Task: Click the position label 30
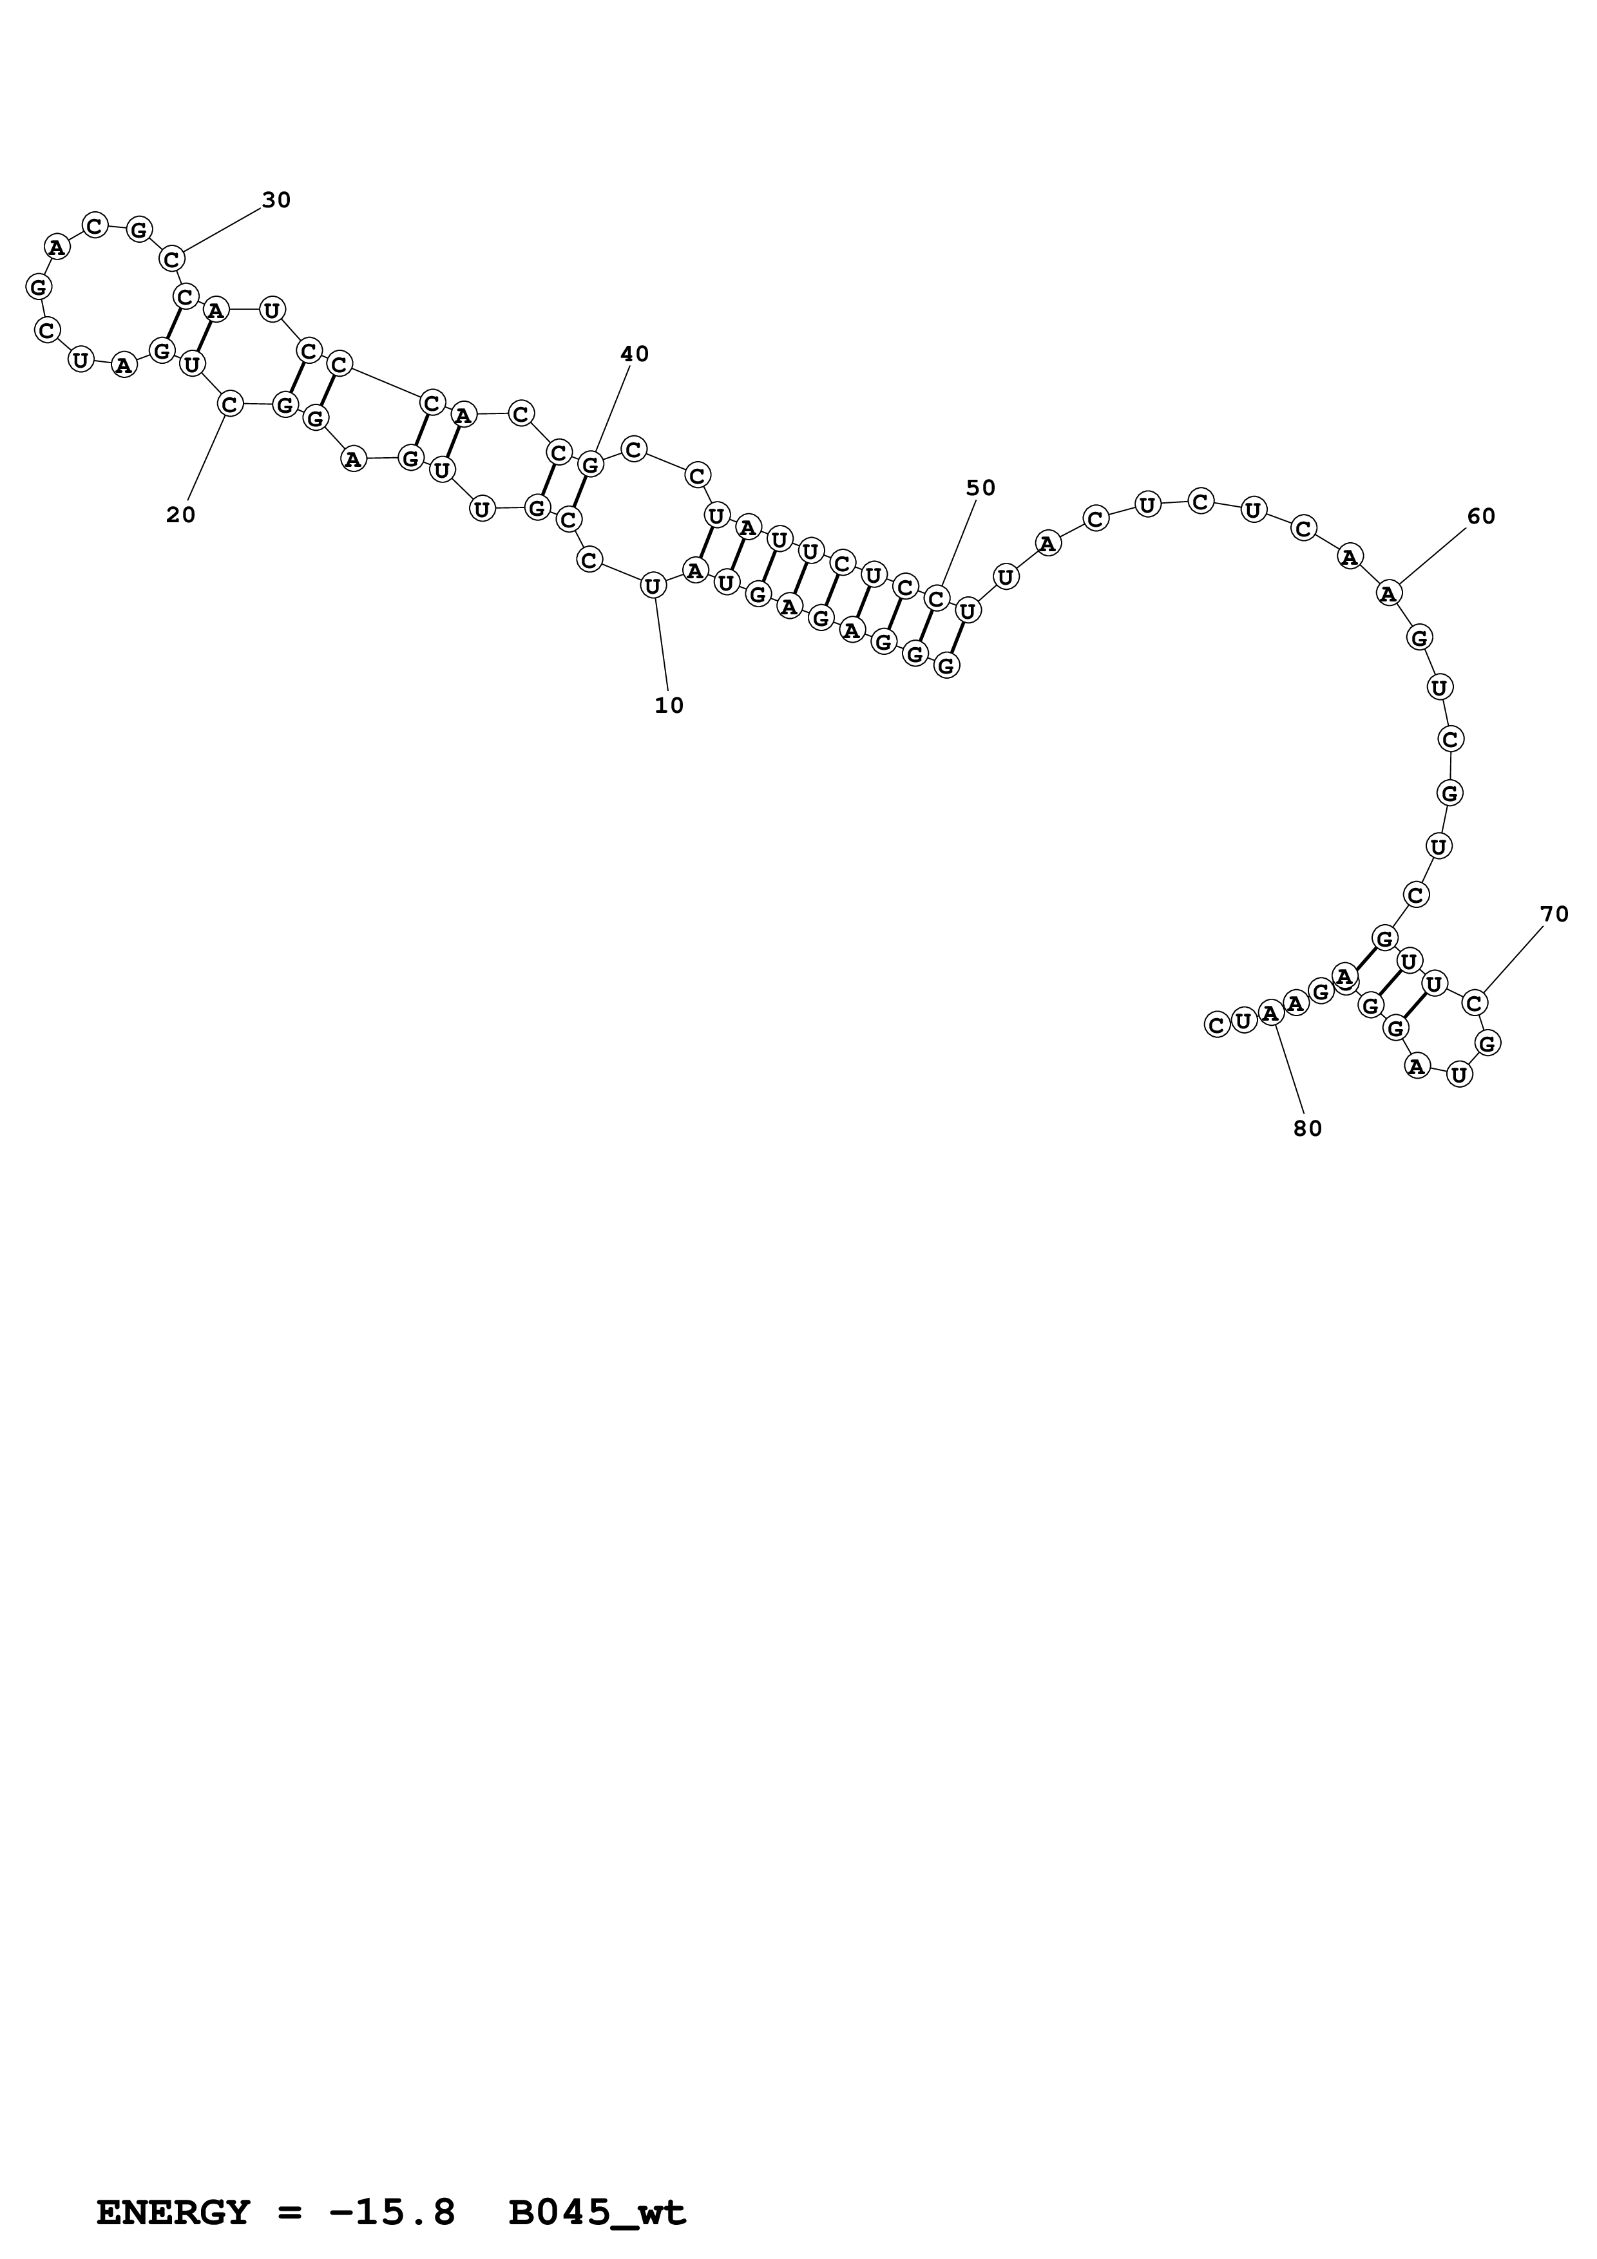[x=276, y=201]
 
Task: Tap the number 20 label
[x=181, y=515]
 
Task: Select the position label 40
[x=635, y=354]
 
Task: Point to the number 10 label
[x=669, y=705]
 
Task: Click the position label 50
[x=981, y=488]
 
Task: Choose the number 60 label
[x=1481, y=516]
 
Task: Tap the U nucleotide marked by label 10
[x=653, y=587]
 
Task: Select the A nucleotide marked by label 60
[x=1388, y=593]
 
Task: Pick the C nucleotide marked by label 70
[x=1474, y=1003]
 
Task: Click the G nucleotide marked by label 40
[x=589, y=464]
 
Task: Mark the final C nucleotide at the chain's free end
[x=1217, y=1025]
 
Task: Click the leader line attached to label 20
[x=207, y=457]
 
